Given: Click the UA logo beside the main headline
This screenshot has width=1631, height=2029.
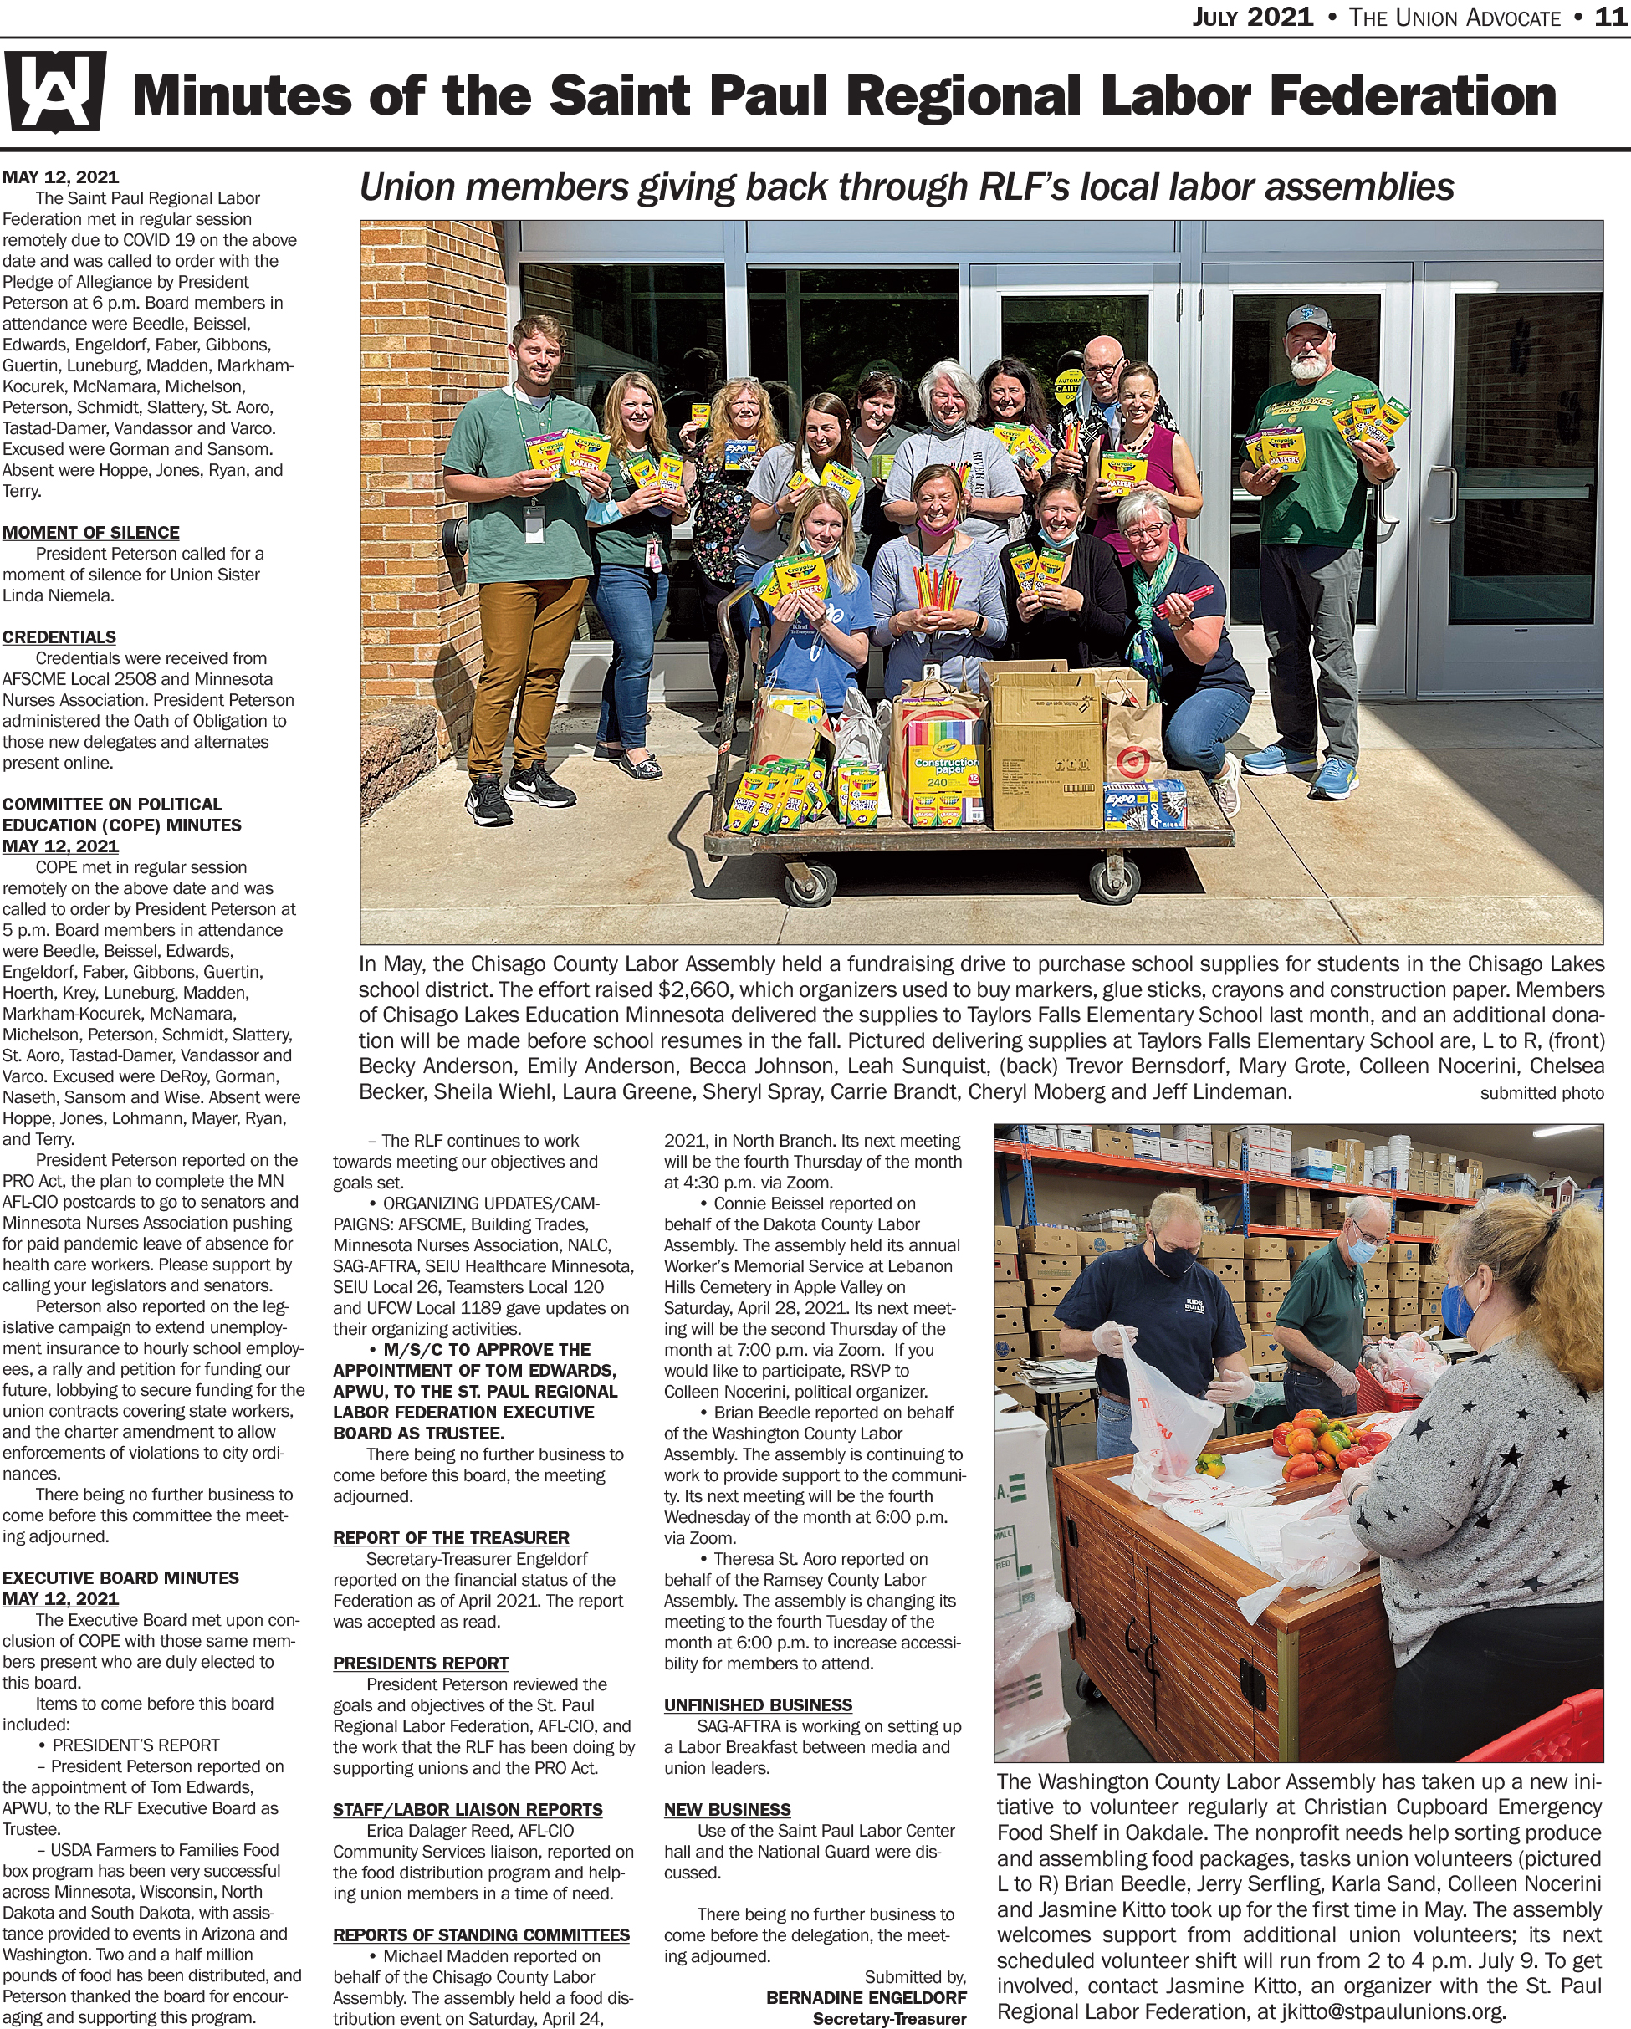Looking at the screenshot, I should pyautogui.click(x=54, y=92).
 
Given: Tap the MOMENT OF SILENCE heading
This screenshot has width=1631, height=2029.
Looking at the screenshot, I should pyautogui.click(x=90, y=533).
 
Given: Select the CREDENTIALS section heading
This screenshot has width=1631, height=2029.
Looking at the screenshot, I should pyautogui.click(x=59, y=637).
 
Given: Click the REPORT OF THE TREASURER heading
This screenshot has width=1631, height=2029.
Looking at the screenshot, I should pyautogui.click(x=451, y=1538).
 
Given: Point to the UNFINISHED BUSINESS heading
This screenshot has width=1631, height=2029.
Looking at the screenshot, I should pyautogui.click(x=758, y=1705).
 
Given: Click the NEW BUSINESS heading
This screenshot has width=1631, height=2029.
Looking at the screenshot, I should pyautogui.click(x=727, y=1810).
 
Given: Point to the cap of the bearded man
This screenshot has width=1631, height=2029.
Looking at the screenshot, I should pyautogui.click(x=1308, y=321).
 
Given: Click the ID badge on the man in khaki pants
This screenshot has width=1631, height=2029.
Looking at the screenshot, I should pyautogui.click(x=534, y=519).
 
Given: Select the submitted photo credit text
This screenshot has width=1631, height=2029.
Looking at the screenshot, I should pyautogui.click(x=1542, y=1094).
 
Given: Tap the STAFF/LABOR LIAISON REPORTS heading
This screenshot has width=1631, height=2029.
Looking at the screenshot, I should pyautogui.click(x=467, y=1810).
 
